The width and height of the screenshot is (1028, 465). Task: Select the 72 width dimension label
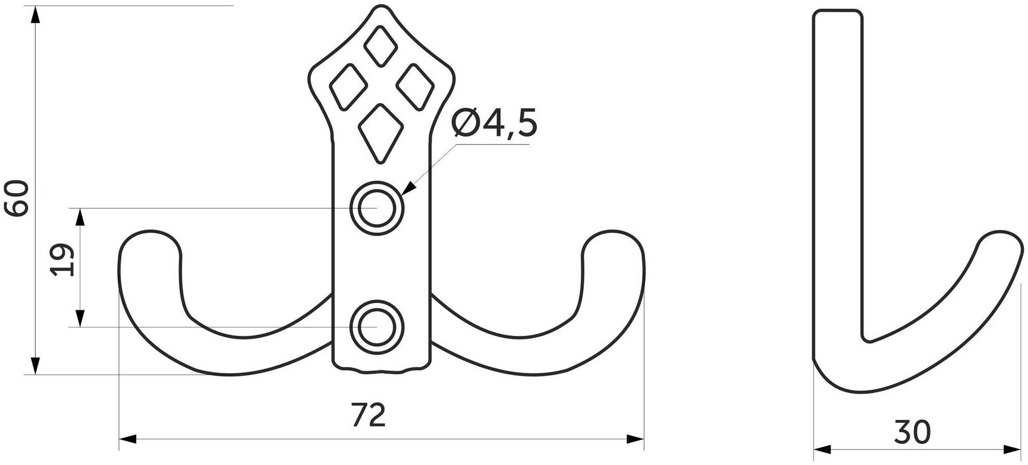point(369,416)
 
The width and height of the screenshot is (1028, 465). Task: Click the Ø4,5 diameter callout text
point(494,124)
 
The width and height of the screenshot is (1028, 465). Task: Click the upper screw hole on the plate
point(377,208)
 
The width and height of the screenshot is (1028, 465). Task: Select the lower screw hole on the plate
point(377,327)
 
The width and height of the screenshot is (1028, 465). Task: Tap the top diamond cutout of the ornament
point(380,46)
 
